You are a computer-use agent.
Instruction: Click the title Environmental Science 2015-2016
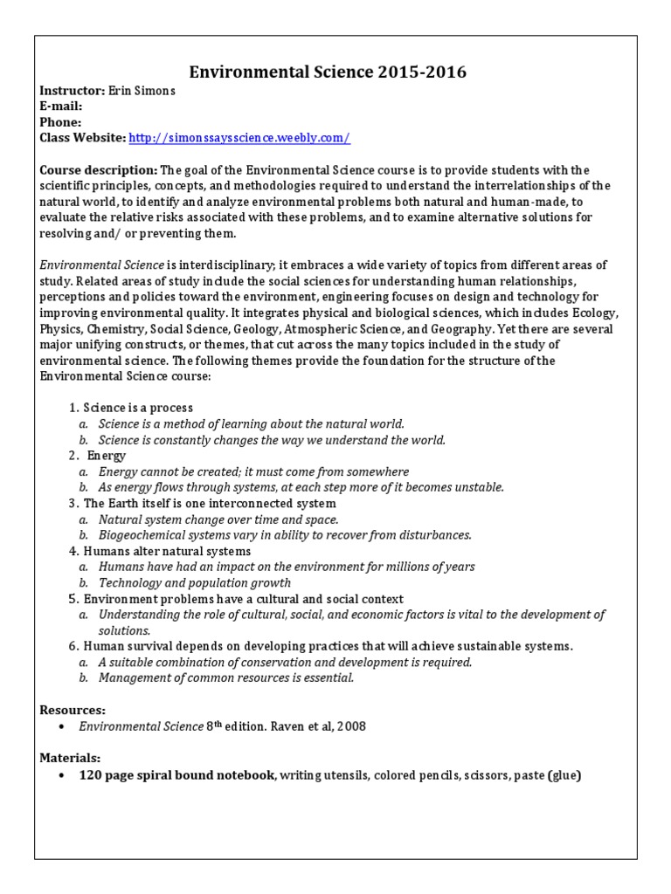click(328, 72)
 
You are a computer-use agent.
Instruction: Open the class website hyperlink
click(239, 138)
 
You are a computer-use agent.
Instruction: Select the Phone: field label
click(60, 122)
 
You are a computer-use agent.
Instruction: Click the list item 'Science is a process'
click(138, 408)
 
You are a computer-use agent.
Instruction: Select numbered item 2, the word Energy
click(107, 456)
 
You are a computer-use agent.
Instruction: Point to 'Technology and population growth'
click(195, 582)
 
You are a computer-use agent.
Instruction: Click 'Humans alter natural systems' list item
click(167, 551)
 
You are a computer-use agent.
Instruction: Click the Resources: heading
click(73, 711)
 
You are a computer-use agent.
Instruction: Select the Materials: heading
click(70, 758)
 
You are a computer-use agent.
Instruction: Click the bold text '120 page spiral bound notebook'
click(177, 774)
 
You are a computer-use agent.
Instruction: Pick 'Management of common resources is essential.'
click(226, 677)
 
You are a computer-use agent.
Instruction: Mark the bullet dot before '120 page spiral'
click(59, 775)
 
